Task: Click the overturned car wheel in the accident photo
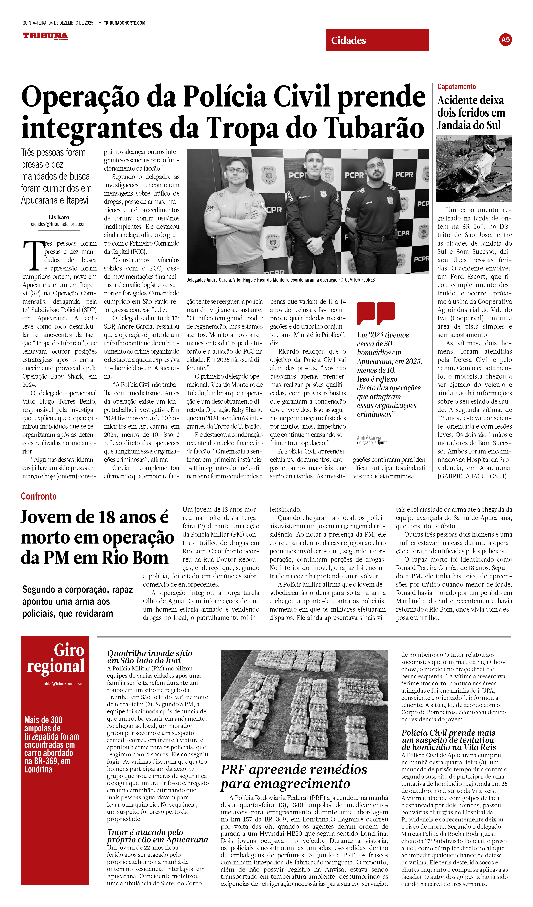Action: tap(489, 148)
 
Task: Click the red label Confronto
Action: tap(38, 496)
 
